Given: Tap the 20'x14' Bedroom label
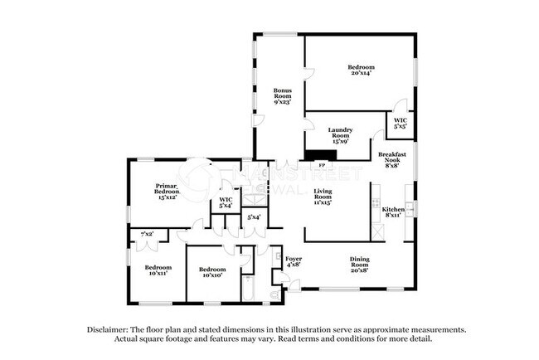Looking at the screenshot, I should point(361,70).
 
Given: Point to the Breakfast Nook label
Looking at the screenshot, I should point(392,159).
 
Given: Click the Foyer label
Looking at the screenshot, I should point(294,263).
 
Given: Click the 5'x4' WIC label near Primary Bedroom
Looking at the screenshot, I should point(226,203).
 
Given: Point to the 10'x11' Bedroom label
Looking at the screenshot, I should point(158,270).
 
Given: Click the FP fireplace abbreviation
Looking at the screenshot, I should point(322,165).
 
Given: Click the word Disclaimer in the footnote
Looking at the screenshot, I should point(110,329).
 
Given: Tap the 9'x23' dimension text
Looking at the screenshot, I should point(284,103).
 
